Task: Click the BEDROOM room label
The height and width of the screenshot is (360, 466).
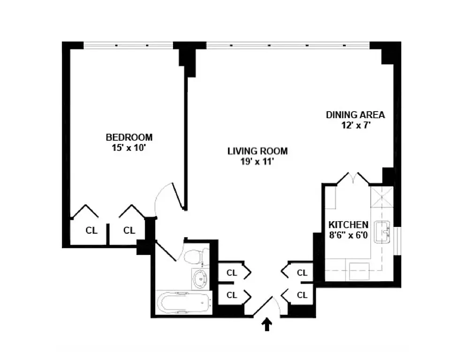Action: [129, 137]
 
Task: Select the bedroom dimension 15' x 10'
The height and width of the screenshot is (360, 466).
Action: [129, 147]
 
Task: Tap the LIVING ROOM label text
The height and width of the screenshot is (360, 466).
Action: [257, 151]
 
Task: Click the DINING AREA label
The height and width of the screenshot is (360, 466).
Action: [355, 115]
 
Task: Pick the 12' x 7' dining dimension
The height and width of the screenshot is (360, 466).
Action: [355, 125]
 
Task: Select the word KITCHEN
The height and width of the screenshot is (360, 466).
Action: [348, 225]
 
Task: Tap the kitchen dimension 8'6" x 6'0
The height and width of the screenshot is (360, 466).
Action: [348, 234]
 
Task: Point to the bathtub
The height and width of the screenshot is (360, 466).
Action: [183, 304]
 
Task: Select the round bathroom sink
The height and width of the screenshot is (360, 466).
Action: [200, 279]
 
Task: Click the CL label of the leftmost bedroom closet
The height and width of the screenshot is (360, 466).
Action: [91, 230]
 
